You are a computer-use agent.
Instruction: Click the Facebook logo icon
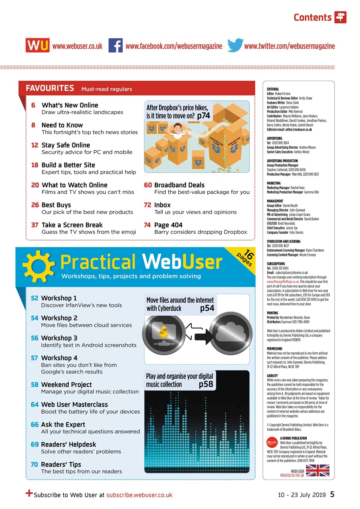click(115, 45)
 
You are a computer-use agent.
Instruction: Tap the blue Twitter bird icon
click(235, 45)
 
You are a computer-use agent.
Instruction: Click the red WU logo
click(38, 45)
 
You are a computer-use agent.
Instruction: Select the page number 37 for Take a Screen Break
click(35, 225)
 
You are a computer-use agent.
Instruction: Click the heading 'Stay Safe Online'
click(66, 145)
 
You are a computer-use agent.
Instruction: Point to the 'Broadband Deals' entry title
click(179, 185)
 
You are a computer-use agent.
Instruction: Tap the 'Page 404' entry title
click(168, 225)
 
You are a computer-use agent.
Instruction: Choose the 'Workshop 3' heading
click(59, 338)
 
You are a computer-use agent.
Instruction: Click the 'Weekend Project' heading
click(66, 385)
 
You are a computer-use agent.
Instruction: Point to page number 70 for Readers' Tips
click(34, 464)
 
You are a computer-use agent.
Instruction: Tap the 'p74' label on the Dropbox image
click(203, 116)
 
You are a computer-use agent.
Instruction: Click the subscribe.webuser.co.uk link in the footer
click(139, 495)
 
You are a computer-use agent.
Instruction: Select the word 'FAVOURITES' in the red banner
click(50, 88)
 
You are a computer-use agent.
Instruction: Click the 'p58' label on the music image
click(206, 384)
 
